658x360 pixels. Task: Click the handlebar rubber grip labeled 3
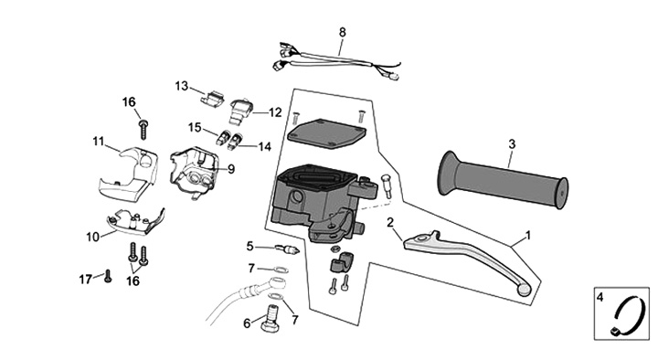click(503, 180)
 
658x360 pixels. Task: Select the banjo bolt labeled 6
click(271, 320)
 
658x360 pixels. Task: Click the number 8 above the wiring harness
click(343, 32)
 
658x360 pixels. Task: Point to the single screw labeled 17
click(108, 276)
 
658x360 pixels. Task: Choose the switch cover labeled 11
click(129, 171)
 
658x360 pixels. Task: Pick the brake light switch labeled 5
click(288, 249)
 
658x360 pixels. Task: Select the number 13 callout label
click(182, 86)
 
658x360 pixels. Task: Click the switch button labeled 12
click(240, 112)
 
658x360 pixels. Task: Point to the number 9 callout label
click(231, 170)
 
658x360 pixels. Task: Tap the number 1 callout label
click(528, 236)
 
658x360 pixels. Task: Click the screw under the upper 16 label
click(143, 129)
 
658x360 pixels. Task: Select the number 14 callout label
click(265, 147)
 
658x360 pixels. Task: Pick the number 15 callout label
click(195, 127)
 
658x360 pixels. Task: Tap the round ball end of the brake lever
click(525, 290)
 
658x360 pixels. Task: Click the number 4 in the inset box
click(600, 297)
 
